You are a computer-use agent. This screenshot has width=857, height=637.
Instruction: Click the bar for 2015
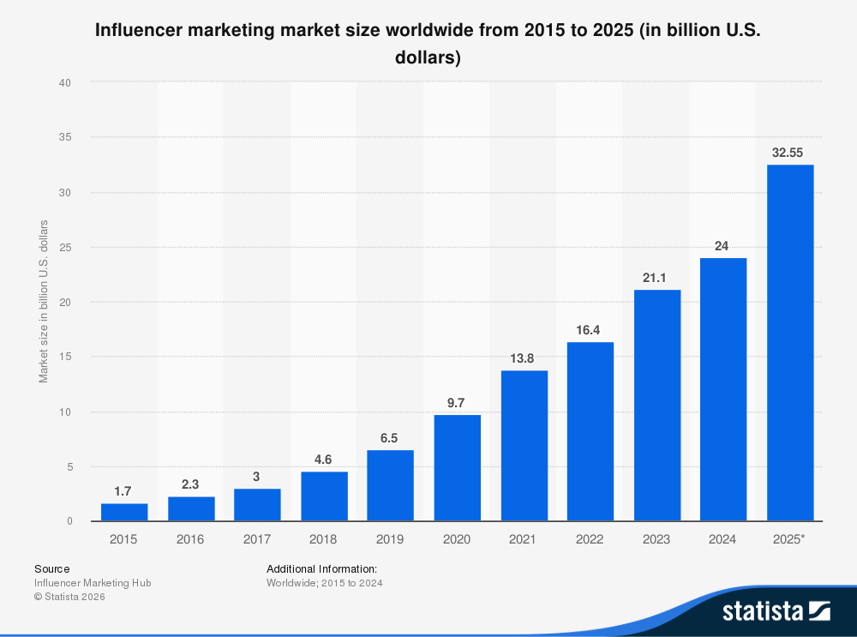pos(124,512)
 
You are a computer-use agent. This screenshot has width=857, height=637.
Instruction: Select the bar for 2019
pos(390,485)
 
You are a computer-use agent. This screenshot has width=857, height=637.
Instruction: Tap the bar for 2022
pos(590,431)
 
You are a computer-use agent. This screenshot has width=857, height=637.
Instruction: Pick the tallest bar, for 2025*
pos(790,343)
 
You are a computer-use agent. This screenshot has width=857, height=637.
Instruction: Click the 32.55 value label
pos(790,152)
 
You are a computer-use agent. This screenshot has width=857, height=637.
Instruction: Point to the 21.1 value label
pos(657,277)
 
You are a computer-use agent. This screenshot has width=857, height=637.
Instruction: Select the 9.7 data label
pos(457,402)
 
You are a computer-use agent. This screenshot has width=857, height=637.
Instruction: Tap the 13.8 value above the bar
pos(524,358)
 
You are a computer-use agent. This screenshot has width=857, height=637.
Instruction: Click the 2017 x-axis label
pos(257,539)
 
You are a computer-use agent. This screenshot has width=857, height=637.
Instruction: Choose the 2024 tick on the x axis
pos(723,539)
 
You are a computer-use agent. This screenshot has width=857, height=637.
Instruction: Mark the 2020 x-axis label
pos(457,539)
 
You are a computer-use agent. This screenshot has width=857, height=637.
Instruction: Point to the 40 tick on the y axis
pos(64,82)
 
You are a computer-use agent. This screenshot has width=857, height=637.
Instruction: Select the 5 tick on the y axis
pos(68,466)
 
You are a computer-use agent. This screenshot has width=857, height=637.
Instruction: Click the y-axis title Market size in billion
pos(43,302)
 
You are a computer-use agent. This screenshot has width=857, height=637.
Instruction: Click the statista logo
pos(776,610)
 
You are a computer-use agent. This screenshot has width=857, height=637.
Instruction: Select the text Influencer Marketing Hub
pos(93,583)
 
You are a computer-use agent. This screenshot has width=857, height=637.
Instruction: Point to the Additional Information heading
pos(321,568)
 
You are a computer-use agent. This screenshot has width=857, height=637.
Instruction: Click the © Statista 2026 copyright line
pos(69,597)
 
